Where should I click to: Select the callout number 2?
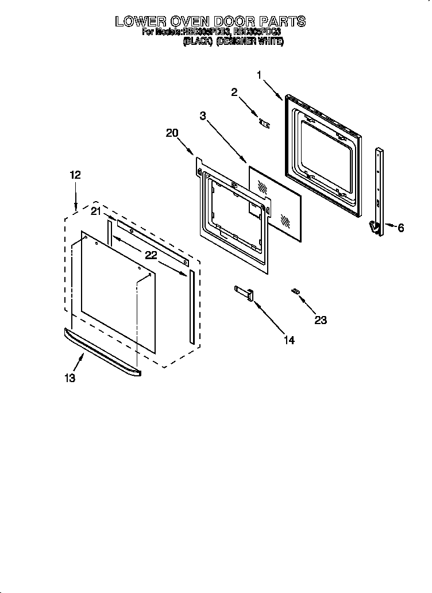coord(234,92)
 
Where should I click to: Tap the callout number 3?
coord(203,115)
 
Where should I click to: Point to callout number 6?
coord(400,228)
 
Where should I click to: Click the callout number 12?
coord(76,175)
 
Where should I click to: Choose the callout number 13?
coord(71,378)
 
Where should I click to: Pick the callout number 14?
coord(288,340)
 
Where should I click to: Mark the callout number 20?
coord(172,133)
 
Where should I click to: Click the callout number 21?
coord(95,211)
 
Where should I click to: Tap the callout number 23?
coord(320,320)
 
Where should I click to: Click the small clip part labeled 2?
coord(264,122)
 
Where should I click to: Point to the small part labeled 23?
coord(295,292)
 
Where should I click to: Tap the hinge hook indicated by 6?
coord(374,229)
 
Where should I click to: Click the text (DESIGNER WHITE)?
coord(250,42)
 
